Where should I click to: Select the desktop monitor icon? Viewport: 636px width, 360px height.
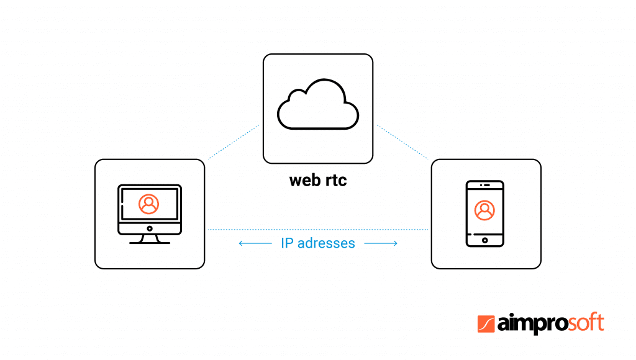(x=149, y=214)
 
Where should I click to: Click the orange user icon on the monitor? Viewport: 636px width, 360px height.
(x=148, y=204)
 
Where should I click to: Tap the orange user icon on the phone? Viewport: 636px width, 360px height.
(x=484, y=210)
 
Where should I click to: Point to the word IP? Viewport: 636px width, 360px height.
(x=286, y=243)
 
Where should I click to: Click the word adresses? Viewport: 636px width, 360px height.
(x=326, y=243)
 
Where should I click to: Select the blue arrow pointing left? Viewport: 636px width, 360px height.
(x=254, y=243)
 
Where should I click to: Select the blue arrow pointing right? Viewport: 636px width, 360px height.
(x=381, y=243)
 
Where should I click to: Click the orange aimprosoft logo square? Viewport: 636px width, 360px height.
(x=486, y=324)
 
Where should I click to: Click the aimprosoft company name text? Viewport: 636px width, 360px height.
(x=550, y=324)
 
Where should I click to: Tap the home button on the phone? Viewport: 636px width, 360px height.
(x=484, y=240)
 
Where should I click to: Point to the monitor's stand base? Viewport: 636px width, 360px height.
(x=149, y=242)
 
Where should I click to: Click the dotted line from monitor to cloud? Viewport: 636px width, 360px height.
(x=233, y=141)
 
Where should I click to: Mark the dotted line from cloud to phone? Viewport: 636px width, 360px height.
(x=402, y=141)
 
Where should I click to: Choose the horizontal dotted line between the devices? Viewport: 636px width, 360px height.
(x=318, y=230)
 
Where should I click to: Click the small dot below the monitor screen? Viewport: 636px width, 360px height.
(x=149, y=228)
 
